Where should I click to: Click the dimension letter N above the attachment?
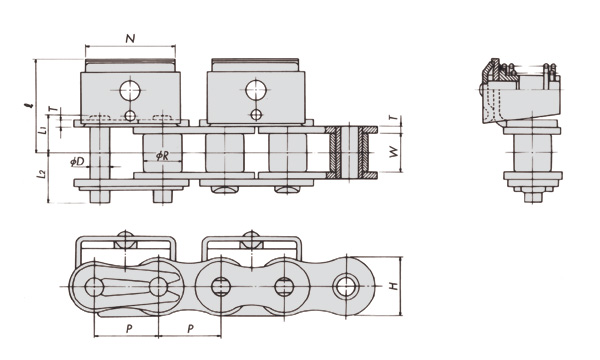(130, 38)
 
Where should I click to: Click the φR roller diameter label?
(162, 155)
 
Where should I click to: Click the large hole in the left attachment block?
(130, 91)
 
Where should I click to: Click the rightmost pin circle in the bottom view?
(347, 285)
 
